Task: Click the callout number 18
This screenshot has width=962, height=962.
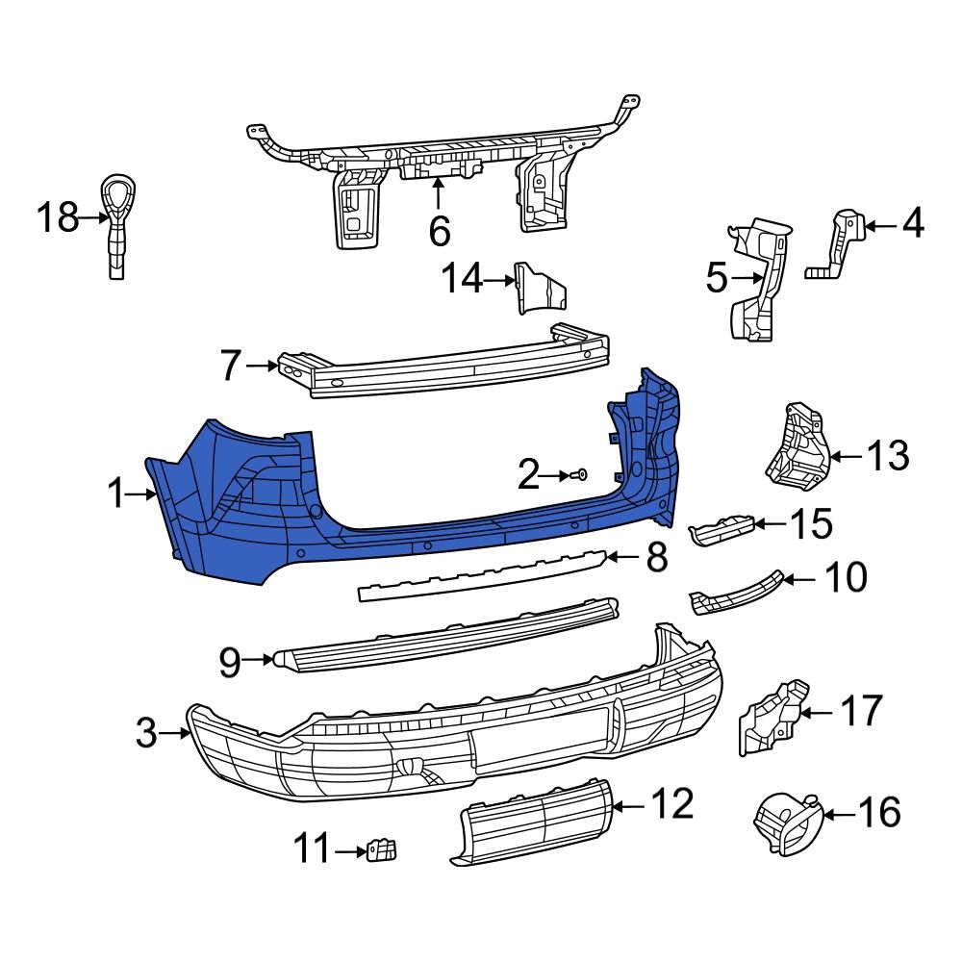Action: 57,218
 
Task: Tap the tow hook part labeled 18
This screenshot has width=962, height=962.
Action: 115,221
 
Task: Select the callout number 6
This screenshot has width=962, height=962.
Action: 438,231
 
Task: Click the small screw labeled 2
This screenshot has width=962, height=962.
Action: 581,474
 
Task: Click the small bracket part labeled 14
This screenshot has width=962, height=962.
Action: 539,289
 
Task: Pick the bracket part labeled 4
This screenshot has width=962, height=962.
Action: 839,245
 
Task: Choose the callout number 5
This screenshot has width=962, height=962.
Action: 717,280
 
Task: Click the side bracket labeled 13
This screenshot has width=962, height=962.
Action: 795,446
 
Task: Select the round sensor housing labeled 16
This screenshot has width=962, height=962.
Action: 785,823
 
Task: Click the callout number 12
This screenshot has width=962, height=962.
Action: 672,804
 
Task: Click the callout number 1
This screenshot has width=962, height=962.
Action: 116,495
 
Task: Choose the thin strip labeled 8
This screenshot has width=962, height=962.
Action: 481,575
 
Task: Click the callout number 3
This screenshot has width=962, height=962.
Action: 146,734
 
